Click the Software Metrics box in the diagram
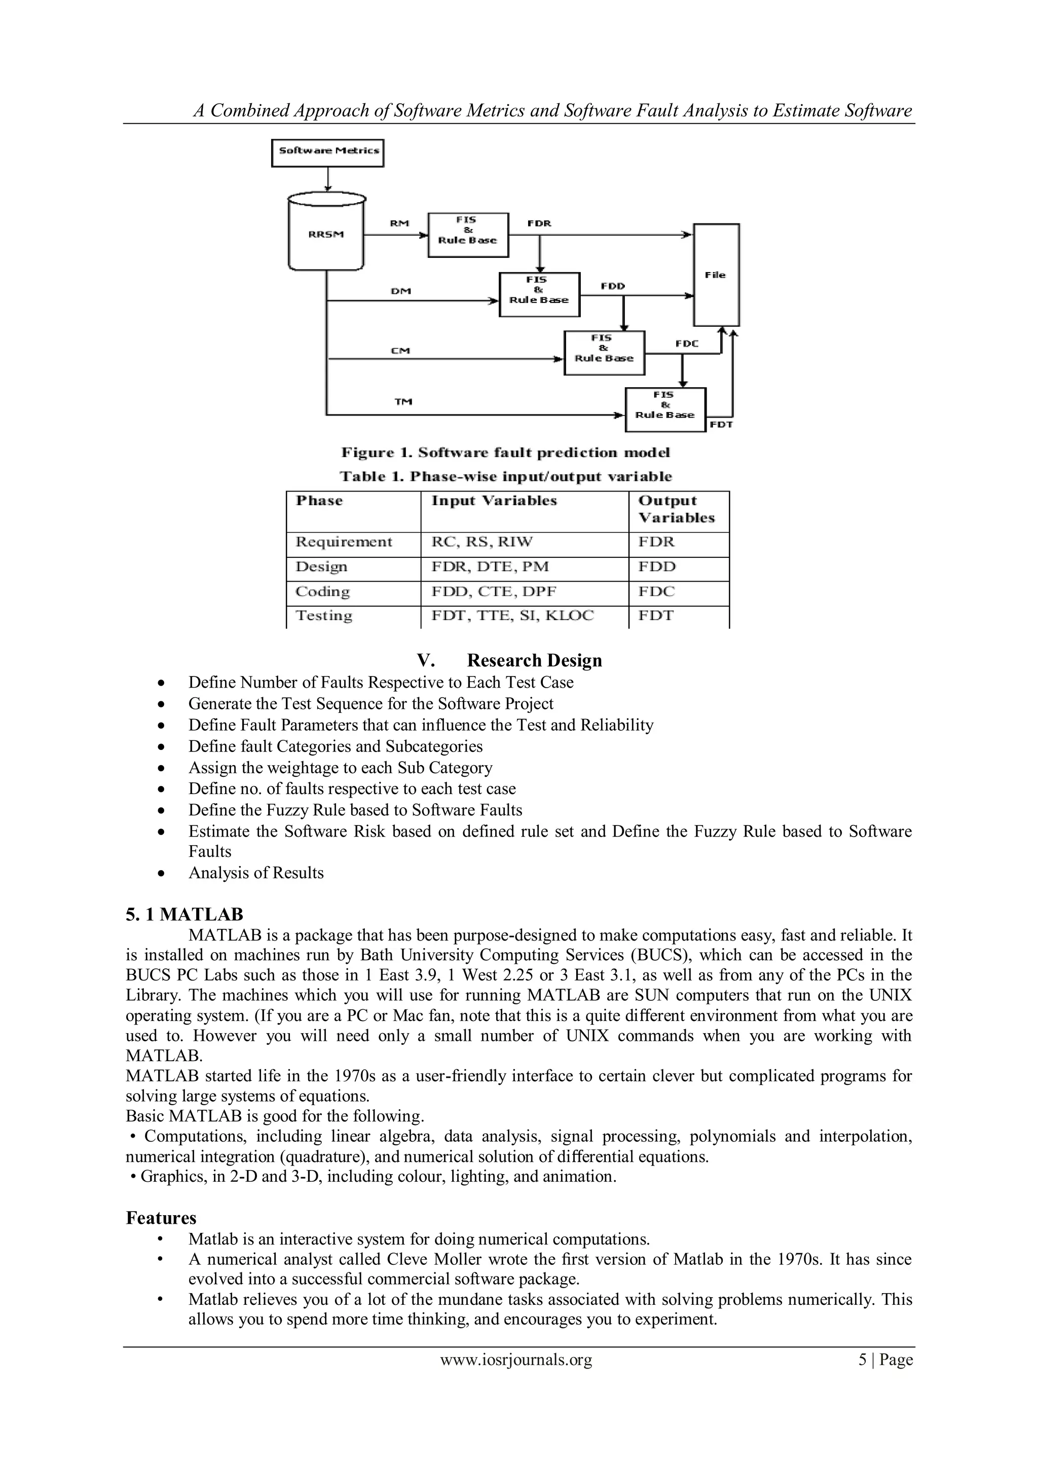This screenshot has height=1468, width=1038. (327, 152)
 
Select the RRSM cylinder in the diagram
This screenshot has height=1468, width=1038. (326, 235)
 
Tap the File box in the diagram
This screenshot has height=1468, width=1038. (716, 275)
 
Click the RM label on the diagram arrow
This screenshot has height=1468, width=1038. (400, 223)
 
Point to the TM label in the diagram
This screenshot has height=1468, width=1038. (403, 401)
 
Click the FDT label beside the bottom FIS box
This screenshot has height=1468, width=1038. (721, 425)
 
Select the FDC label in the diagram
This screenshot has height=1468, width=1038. (686, 344)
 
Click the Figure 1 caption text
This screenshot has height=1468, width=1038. (505, 453)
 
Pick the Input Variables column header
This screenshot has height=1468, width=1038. (494, 501)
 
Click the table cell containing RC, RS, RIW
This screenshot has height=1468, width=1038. (481, 542)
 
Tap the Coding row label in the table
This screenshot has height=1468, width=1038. (323, 591)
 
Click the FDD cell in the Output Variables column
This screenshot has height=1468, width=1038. (657, 567)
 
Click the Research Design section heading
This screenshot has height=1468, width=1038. (534, 660)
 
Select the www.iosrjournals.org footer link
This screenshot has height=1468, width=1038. (516, 1360)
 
